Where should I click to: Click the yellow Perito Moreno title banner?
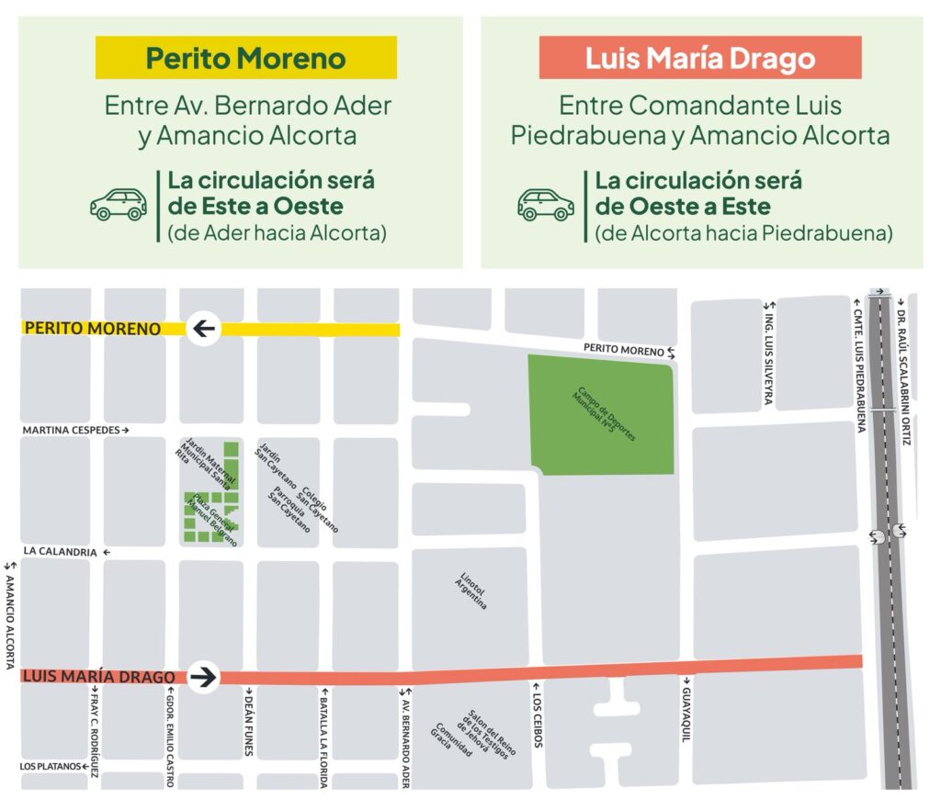pos(245,59)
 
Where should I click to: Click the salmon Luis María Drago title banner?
pos(700,59)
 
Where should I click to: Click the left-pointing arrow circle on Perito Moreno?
pos(204,329)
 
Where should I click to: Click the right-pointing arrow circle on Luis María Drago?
pos(204,678)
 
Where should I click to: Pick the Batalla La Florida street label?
pos(323,739)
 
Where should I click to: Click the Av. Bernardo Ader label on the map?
pos(404,739)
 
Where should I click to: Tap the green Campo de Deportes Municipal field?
pos(602,409)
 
